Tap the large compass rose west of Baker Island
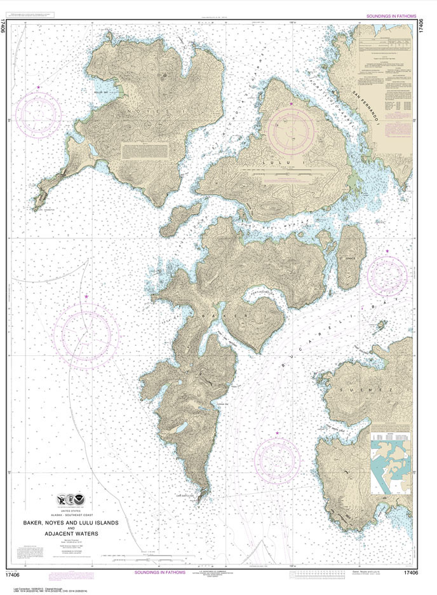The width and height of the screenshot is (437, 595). click(86, 333)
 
